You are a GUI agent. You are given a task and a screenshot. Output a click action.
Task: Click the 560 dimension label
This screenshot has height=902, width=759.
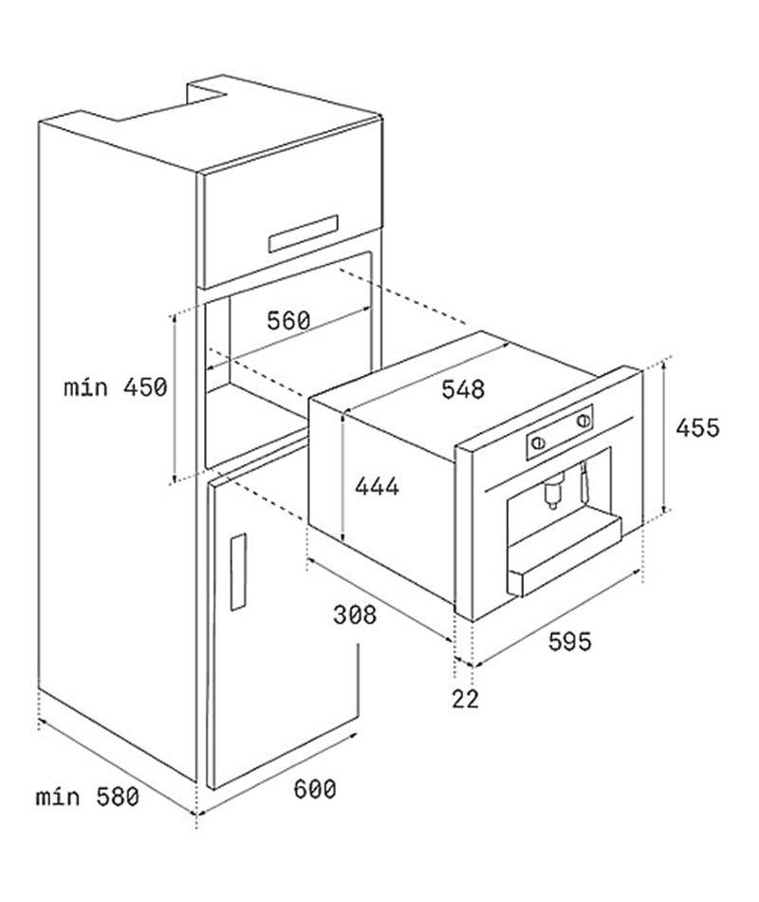click(x=287, y=321)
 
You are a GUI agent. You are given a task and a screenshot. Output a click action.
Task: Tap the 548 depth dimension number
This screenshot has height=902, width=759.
click(x=462, y=389)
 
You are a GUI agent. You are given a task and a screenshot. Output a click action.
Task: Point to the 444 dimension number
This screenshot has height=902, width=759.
click(x=377, y=486)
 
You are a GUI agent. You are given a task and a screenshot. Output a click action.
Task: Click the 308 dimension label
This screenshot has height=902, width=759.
click(x=355, y=615)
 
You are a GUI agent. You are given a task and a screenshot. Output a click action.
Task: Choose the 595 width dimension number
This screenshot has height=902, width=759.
click(x=569, y=642)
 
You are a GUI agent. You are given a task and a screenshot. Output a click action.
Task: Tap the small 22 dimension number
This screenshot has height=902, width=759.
click(x=465, y=700)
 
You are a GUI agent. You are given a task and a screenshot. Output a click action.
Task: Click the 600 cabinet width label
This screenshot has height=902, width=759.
click(x=314, y=788)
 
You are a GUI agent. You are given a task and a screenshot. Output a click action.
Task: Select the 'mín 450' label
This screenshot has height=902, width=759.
click(x=117, y=386)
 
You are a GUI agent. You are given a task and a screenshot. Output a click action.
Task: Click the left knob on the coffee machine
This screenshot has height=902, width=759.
click(x=538, y=442)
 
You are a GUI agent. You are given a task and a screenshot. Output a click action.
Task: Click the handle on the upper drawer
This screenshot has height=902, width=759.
click(x=305, y=230)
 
